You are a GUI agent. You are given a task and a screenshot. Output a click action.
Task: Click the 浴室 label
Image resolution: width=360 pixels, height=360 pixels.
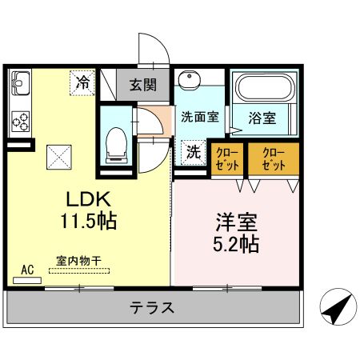(262, 118)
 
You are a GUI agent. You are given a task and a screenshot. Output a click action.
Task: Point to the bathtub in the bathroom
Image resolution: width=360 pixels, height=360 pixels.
(264, 89)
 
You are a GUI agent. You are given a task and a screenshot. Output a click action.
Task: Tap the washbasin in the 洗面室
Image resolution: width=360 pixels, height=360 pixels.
(190, 82)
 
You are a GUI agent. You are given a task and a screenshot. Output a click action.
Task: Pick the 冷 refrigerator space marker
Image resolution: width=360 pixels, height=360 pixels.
(82, 82)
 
